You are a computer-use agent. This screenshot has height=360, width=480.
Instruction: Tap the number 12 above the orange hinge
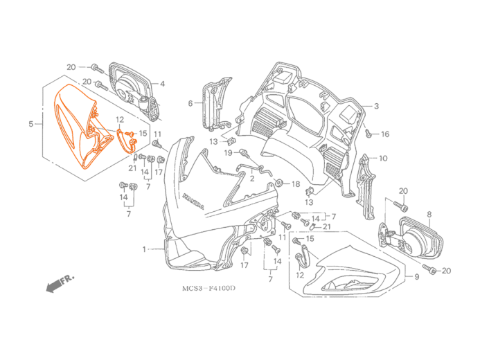click(120, 120)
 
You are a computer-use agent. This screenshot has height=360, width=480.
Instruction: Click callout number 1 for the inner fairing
click(144, 248)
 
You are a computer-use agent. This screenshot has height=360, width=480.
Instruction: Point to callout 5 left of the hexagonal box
click(30, 125)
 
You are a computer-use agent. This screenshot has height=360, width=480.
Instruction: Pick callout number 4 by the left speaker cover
click(163, 84)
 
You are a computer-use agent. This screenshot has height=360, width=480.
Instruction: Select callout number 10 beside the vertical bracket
click(383, 159)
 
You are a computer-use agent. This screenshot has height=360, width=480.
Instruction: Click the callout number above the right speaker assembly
click(429, 213)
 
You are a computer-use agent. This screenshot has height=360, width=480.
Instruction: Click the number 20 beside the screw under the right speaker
click(446, 270)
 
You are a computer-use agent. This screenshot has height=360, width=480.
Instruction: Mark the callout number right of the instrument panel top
click(377, 106)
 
